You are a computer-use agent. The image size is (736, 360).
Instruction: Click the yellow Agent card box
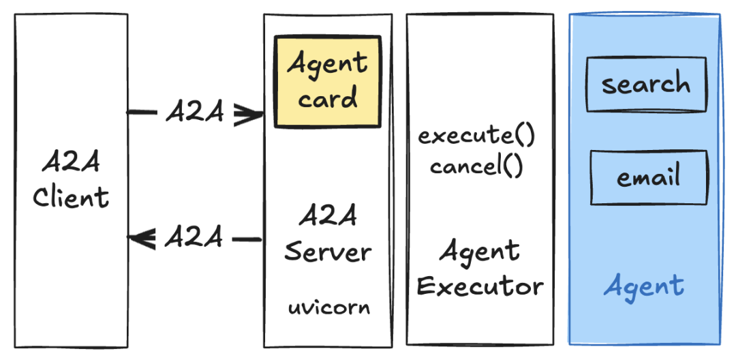tap(327, 82)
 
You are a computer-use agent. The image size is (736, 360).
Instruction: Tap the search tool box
tap(645, 85)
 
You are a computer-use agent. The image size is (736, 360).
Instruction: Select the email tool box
tap(648, 178)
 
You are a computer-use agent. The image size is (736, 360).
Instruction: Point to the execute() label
tap(476, 135)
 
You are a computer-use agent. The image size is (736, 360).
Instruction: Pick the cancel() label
tap(476, 166)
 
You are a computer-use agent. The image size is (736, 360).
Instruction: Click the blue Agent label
tap(643, 285)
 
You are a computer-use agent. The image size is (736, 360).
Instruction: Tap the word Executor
tap(480, 286)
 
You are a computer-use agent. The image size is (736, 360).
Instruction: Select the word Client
tap(71, 198)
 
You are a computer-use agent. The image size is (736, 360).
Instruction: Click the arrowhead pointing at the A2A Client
tap(142, 239)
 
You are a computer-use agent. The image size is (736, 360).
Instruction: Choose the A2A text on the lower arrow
tap(194, 238)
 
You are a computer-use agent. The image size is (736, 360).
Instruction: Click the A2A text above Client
tap(71, 164)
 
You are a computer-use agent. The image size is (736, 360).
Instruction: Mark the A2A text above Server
tap(328, 217)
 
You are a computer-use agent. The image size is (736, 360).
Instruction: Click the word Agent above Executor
tap(479, 252)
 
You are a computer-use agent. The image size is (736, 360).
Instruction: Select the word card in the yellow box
tap(328, 98)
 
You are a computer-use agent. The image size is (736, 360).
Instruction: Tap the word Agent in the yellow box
tap(328, 64)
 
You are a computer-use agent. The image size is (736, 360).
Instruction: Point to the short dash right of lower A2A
tap(247, 239)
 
